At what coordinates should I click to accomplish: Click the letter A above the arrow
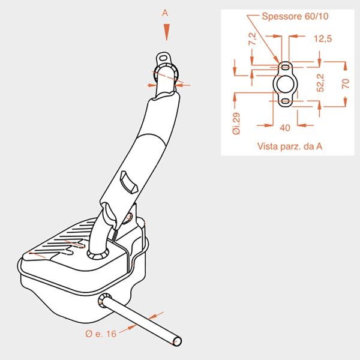(x=165, y=13)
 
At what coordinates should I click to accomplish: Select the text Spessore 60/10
(x=295, y=16)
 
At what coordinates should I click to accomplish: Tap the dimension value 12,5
(x=323, y=38)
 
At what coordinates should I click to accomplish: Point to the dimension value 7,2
(x=253, y=38)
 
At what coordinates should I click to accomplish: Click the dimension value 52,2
(x=320, y=83)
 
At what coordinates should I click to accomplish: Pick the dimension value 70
(x=346, y=83)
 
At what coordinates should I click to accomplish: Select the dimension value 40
(x=285, y=128)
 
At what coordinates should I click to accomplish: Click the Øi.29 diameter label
(x=236, y=123)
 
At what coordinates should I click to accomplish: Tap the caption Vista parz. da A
(x=290, y=146)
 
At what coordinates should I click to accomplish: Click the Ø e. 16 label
(x=101, y=334)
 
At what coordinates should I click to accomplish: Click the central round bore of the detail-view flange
(x=285, y=84)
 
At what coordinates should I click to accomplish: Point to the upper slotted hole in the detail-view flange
(x=285, y=67)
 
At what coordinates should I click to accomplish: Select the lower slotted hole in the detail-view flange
(x=285, y=101)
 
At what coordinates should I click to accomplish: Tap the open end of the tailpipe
(x=177, y=341)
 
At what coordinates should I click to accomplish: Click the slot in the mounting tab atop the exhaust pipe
(x=163, y=58)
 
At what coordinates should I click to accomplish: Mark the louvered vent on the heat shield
(x=128, y=182)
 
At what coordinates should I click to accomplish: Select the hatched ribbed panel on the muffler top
(x=61, y=240)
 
